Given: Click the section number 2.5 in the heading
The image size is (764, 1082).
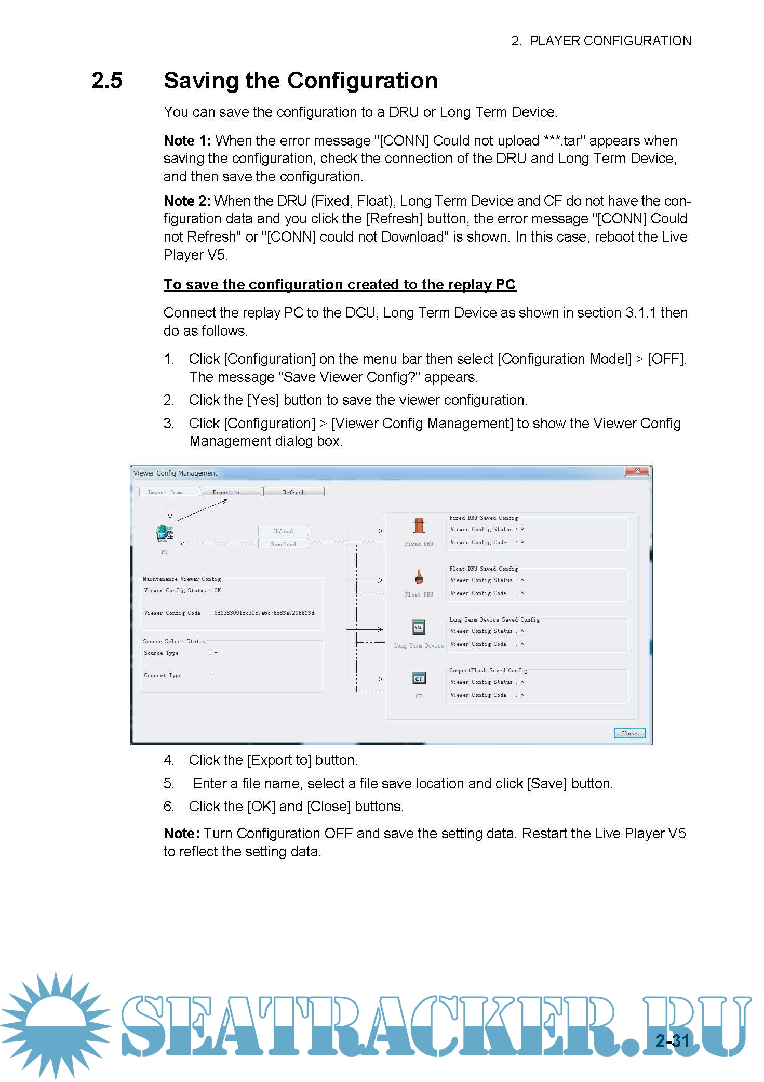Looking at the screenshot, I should [x=107, y=81].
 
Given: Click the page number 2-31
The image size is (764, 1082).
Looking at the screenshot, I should [x=672, y=1040].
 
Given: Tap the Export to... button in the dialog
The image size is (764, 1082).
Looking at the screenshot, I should [x=231, y=492].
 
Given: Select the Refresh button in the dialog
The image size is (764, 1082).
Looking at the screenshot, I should [x=294, y=492].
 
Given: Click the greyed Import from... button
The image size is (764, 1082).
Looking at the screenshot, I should [x=169, y=492].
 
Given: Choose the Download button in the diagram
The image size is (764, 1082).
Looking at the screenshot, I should [x=284, y=544].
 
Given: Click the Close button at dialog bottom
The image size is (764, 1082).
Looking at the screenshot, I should [x=629, y=733].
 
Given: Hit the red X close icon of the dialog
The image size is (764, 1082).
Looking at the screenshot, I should [x=637, y=471].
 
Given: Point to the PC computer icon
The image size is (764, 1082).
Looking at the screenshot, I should [x=165, y=533].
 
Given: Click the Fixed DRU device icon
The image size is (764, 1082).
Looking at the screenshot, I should [x=419, y=526].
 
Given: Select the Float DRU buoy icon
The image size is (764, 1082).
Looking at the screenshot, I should [x=419, y=577].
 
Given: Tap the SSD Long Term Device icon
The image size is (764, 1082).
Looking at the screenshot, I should [x=419, y=627].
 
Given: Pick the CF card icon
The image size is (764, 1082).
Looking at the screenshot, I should [x=419, y=678].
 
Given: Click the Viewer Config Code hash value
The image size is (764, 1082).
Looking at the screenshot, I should [x=264, y=613].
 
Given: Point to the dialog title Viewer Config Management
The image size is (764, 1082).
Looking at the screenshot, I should [x=175, y=473].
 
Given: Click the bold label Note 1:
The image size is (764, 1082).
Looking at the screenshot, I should [x=187, y=141].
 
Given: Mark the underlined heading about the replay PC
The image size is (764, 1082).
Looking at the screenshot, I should [x=340, y=285].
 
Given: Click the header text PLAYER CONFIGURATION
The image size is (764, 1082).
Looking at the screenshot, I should [x=610, y=41].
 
